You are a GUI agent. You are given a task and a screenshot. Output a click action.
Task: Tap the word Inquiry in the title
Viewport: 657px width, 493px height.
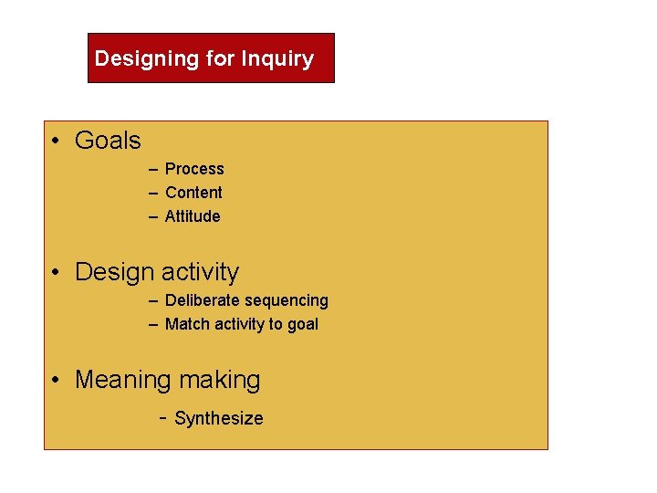[277, 59]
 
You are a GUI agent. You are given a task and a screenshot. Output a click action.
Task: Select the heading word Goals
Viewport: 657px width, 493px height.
[108, 141]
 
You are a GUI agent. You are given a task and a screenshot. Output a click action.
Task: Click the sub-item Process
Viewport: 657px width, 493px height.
[194, 169]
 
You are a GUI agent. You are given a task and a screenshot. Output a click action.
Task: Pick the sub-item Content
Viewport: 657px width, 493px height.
[193, 193]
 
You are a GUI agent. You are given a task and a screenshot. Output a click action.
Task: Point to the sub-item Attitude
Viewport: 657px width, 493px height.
[193, 216]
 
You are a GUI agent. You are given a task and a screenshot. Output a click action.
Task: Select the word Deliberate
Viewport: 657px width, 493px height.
[201, 300]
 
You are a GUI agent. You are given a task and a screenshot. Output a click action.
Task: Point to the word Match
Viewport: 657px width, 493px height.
[186, 324]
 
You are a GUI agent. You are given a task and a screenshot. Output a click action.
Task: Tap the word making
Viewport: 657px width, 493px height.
[220, 380]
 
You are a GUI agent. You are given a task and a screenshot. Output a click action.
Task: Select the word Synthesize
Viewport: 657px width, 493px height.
[218, 419]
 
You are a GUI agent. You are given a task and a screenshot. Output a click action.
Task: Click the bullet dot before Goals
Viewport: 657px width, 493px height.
[57, 141]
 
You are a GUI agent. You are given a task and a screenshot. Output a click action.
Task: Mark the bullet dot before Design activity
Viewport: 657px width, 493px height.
[57, 272]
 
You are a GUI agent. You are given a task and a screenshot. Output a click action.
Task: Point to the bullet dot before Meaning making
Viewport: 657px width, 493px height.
[57, 380]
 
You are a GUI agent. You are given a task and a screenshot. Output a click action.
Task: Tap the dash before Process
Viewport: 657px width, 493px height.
[154, 169]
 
